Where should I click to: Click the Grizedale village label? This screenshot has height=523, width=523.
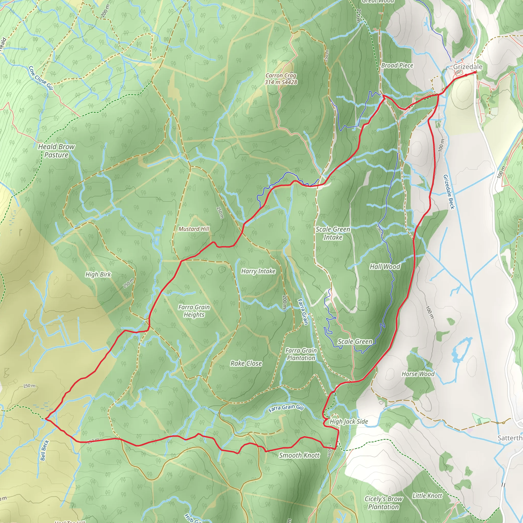coord(468,67)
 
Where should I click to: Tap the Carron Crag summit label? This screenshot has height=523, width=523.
coord(281,79)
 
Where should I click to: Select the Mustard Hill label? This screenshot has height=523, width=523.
coord(194,229)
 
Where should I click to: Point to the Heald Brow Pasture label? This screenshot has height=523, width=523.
coord(56,150)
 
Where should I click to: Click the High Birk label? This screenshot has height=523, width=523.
coord(98,274)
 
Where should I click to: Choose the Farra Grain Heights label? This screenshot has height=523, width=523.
coord(194,311)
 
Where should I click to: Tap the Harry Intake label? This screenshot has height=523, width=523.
coord(258,271)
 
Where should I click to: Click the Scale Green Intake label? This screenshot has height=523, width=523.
coord(333,233)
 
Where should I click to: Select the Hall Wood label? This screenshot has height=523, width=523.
coord(385,267)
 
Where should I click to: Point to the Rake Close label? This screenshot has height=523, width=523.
coord(246,363)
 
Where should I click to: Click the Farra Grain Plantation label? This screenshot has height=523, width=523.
coord(301,354)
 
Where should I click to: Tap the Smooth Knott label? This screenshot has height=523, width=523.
coord(299,455)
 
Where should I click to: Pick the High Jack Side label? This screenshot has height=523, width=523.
coord(349,421)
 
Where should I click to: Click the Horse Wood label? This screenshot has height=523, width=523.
coord(418,374)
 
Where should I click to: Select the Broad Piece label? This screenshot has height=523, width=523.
coord(397,65)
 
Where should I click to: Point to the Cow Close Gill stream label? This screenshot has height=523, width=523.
coord(41,78)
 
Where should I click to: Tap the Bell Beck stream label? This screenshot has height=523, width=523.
coord(45,450)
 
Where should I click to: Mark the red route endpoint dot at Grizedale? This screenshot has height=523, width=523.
coord(475,72)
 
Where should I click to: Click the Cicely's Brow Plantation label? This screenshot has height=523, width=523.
coord(383,503)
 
